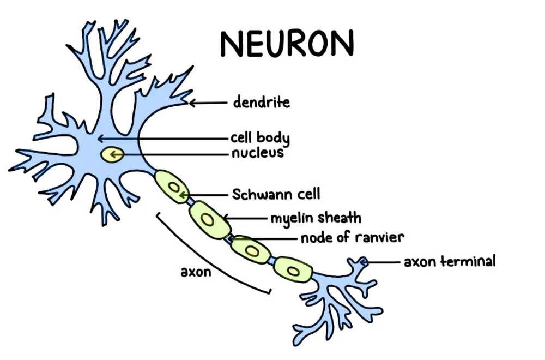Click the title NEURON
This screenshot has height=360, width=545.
[x=287, y=43]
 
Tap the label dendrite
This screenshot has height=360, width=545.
[x=261, y=102]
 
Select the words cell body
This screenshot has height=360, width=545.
[x=259, y=137]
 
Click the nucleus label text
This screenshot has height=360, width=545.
[x=257, y=153]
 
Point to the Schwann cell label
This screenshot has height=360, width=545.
[x=276, y=194]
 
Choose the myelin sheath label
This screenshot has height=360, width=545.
[x=316, y=218]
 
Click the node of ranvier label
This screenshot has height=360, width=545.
[x=352, y=238]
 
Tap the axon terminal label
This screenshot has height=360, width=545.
[x=450, y=261]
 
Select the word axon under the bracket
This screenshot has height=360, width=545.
[x=196, y=271]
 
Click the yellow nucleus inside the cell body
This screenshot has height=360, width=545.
[x=112, y=155]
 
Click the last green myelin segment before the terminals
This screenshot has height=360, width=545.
[x=293, y=269]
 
